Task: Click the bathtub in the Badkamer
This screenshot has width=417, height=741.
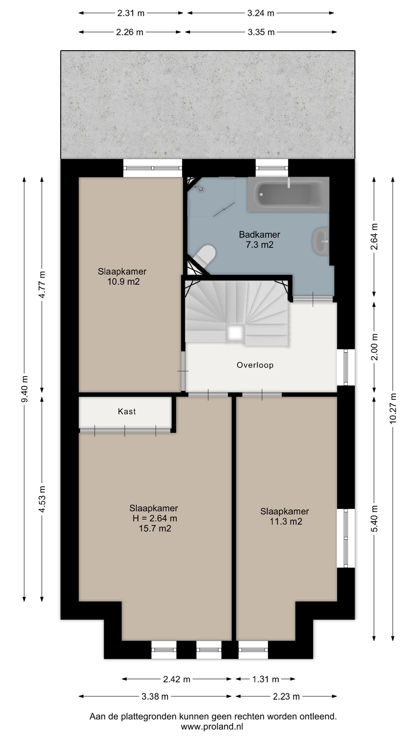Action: click(x=288, y=194)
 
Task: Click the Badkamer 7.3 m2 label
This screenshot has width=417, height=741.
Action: click(x=259, y=240)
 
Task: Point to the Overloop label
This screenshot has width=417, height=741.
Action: click(x=255, y=365)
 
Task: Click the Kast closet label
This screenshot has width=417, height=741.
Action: click(x=127, y=411)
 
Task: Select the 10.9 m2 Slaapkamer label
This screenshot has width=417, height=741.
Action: click(x=122, y=276)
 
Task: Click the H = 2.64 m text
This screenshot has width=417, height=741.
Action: click(x=154, y=518)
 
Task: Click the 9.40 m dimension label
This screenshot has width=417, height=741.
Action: click(x=24, y=389)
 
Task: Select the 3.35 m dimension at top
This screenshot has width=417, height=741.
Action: click(x=261, y=32)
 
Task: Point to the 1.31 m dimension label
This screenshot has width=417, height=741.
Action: click(x=266, y=680)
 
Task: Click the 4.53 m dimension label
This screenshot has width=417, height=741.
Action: click(x=42, y=499)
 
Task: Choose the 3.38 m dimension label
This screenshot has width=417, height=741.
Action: click(x=155, y=697)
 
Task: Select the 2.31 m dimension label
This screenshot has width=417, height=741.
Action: click(x=131, y=13)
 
